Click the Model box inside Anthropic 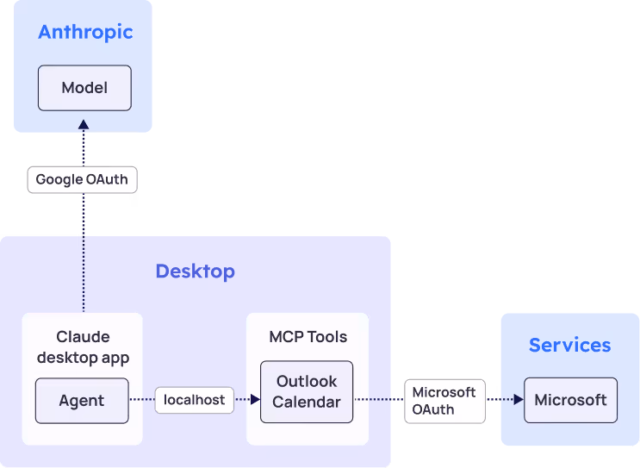click(x=84, y=88)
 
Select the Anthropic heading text click(x=85, y=33)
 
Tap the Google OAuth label click(x=82, y=180)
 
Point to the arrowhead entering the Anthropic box click(x=84, y=125)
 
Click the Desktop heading click(x=195, y=271)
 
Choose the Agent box click(x=82, y=401)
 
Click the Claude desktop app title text click(x=83, y=346)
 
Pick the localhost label click(x=195, y=400)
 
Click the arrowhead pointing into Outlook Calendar click(x=255, y=400)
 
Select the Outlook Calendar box click(x=307, y=392)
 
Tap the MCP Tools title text click(x=308, y=337)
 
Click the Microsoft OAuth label click(x=444, y=401)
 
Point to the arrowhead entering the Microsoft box click(x=519, y=400)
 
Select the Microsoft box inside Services click(x=570, y=400)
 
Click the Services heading click(x=569, y=345)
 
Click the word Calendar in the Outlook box click(x=307, y=402)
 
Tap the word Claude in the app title click(x=83, y=337)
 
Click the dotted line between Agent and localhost click(x=141, y=400)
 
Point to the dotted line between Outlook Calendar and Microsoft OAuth click(x=379, y=400)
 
